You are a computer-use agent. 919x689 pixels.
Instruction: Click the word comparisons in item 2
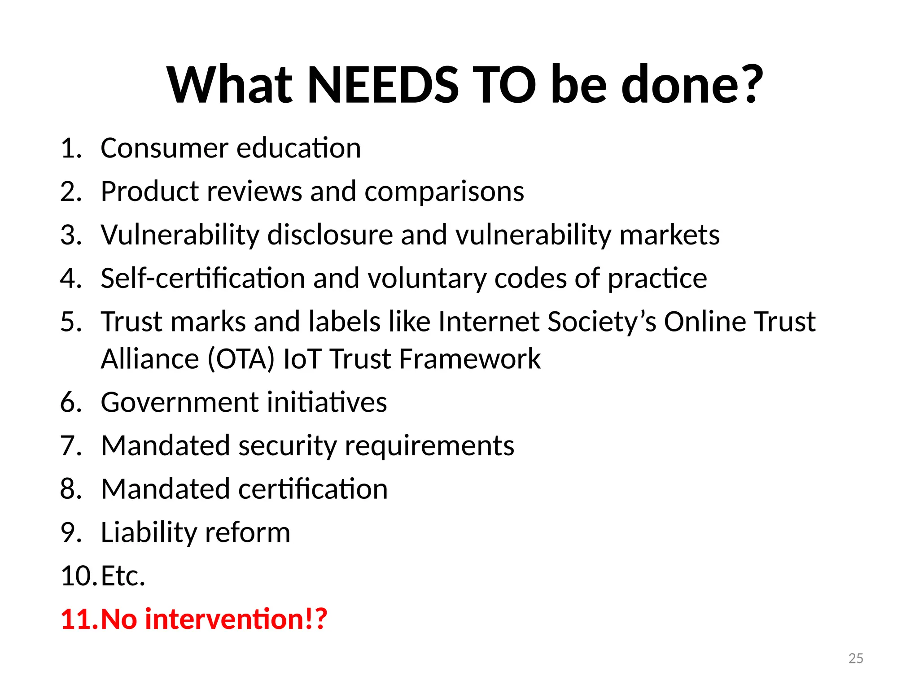click(444, 192)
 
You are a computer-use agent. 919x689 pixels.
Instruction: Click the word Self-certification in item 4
click(203, 279)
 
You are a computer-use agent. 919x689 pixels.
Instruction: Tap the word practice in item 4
click(657, 279)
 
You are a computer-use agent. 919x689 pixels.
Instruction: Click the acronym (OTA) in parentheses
click(241, 359)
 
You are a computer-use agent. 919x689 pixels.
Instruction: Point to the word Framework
click(470, 359)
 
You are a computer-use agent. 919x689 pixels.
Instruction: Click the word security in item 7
click(287, 446)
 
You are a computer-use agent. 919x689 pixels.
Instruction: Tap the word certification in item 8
click(313, 489)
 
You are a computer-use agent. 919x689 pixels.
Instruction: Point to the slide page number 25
click(856, 658)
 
